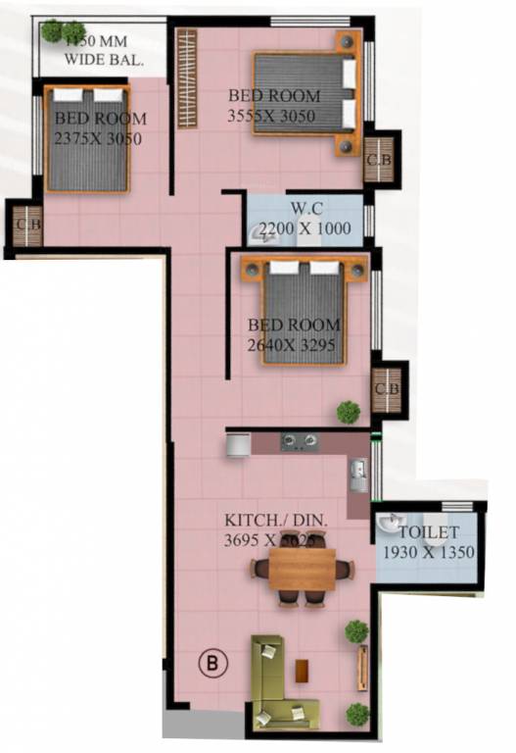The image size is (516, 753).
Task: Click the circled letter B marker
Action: tap(212, 663)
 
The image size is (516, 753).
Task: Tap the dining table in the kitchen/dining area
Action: tap(302, 570)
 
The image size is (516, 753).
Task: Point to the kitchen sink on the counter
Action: tap(358, 475)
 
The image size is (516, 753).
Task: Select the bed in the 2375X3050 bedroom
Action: tap(88, 138)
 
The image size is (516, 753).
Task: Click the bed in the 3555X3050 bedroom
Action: tap(306, 92)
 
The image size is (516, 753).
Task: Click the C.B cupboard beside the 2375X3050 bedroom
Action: tap(26, 225)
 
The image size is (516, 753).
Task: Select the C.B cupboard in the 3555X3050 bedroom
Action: tap(378, 158)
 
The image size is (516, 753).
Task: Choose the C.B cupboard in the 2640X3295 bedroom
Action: tap(387, 389)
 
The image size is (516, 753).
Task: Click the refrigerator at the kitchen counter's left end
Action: tap(238, 444)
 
